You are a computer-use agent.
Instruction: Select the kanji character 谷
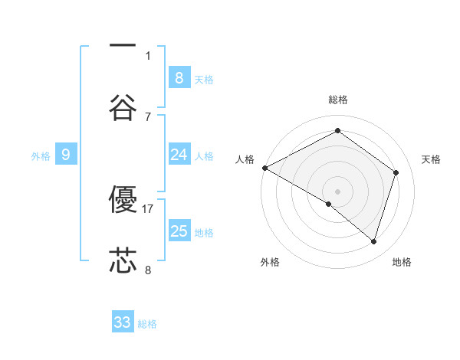tap(123, 108)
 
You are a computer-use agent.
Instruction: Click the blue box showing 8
tap(179, 77)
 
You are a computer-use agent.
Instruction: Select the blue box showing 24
tap(179, 155)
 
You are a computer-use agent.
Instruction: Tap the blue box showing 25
tap(179, 231)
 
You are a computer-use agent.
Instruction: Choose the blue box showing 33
tap(123, 322)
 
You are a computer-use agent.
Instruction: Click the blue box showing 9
tap(66, 155)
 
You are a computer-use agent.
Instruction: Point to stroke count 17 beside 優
tap(148, 208)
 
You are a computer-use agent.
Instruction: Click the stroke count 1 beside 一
tap(148, 55)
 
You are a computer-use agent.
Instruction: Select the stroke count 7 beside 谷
tap(148, 116)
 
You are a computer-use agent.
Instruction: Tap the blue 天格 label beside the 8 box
tap(204, 79)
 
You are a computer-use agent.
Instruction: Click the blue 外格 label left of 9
tap(41, 156)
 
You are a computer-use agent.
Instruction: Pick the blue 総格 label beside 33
tap(148, 324)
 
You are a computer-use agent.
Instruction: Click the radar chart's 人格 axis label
tap(245, 159)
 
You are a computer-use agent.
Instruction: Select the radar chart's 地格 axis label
tap(402, 263)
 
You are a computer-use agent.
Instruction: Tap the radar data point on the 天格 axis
tap(396, 172)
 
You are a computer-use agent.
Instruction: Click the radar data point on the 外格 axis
tap(329, 204)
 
